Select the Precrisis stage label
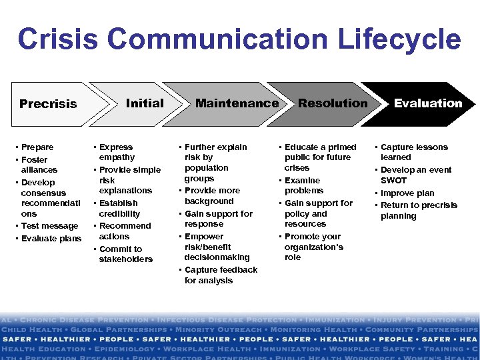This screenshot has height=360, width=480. pyautogui.click(x=48, y=104)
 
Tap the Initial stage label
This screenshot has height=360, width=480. pyautogui.click(x=145, y=103)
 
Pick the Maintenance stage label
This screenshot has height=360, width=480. pyautogui.click(x=237, y=103)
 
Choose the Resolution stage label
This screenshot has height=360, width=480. pyautogui.click(x=333, y=103)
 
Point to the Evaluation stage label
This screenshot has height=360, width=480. pyautogui.click(x=427, y=103)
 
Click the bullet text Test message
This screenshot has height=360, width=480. pyautogui.click(x=49, y=226)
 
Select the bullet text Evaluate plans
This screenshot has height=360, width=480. pyautogui.click(x=51, y=239)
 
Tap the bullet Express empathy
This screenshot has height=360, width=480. pyautogui.click(x=116, y=152)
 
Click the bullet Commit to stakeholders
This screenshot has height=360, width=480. pyautogui.click(x=123, y=254)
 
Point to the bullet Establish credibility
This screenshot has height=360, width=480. pyautogui.click(x=119, y=208)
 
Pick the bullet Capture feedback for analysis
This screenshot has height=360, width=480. pyautogui.click(x=220, y=275)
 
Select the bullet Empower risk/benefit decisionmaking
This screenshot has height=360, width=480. pyautogui.click(x=217, y=247)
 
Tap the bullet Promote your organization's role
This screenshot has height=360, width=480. pyautogui.click(x=313, y=247)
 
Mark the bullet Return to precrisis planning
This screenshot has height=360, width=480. pyautogui.click(x=418, y=211)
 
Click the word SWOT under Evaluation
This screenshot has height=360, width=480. pyautogui.click(x=393, y=181)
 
